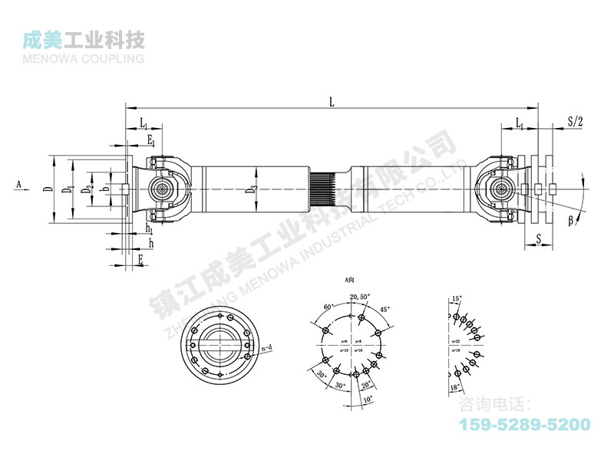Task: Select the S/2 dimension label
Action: (575, 121)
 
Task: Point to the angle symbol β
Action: (571, 222)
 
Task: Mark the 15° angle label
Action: (457, 299)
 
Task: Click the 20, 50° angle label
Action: (359, 297)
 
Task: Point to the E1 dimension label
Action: (151, 140)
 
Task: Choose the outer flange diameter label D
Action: (47, 188)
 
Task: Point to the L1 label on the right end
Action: (520, 123)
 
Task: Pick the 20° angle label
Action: (367, 383)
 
